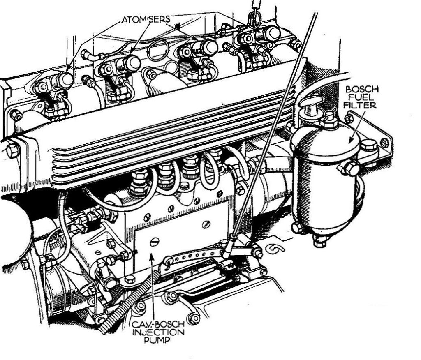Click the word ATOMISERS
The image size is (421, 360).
pos(146,19)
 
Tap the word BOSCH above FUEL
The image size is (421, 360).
pos(362,90)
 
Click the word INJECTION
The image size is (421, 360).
pos(159,332)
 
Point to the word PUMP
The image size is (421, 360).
pos(157,340)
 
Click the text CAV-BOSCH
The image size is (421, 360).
pos(158,325)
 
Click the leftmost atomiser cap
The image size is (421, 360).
pos(65,80)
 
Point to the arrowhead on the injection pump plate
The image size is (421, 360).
pos(152,256)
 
